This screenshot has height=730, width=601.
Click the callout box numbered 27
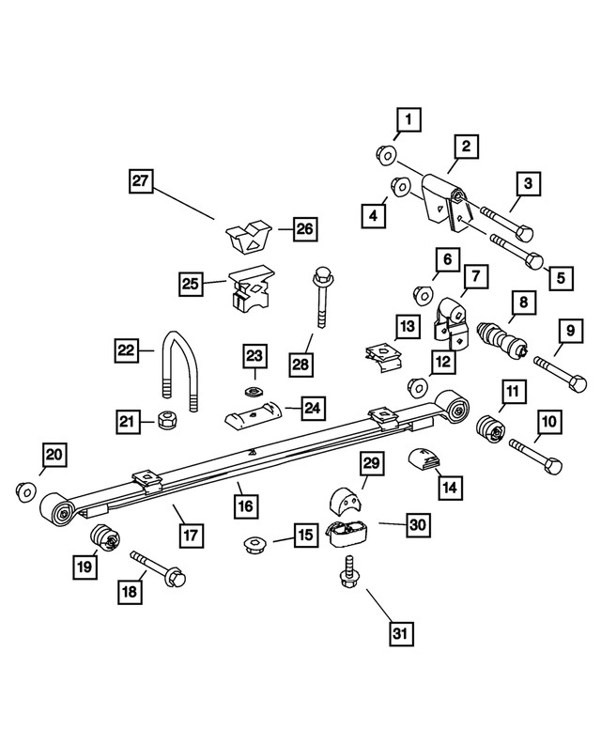tap(141, 180)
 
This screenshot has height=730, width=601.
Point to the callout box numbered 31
tap(401, 633)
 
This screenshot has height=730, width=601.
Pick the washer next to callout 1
tap(386, 155)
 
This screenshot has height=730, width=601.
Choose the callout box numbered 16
tap(246, 506)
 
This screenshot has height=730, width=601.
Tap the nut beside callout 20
tap(26, 490)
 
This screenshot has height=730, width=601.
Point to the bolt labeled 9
tap(560, 373)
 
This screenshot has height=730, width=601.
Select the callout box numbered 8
tap(524, 303)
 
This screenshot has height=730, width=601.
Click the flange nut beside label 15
tap(254, 545)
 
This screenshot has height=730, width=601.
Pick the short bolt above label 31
tap(349, 572)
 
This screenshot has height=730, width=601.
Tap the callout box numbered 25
tap(191, 284)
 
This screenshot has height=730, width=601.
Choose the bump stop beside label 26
tap(249, 237)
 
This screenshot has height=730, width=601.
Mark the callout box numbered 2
tap(466, 147)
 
